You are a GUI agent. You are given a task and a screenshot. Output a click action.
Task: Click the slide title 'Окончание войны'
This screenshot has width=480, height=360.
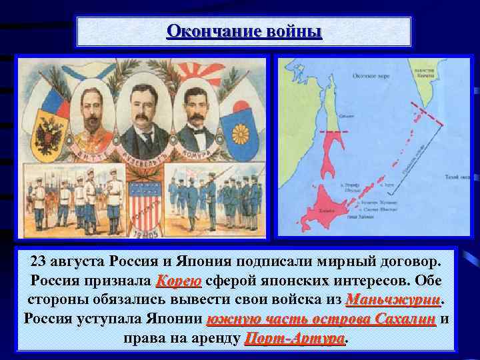click(x=244, y=31)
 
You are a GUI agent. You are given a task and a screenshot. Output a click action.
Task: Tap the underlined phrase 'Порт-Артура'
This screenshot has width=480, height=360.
click(x=295, y=338)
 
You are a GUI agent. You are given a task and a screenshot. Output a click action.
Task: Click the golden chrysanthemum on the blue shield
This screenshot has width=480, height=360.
click(x=239, y=133)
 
